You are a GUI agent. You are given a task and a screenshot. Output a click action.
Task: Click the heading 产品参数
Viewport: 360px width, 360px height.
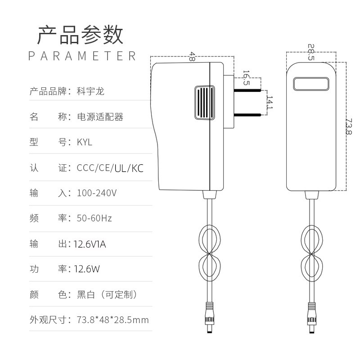[x=80, y=35]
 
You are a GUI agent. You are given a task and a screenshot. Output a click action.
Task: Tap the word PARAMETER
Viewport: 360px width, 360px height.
[x=82, y=56]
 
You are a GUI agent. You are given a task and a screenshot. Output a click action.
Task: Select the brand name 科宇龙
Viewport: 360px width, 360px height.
[x=90, y=92]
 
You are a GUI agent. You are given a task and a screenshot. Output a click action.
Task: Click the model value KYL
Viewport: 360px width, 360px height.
[x=84, y=142]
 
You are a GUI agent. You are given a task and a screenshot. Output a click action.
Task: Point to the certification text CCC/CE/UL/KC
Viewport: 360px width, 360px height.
[x=110, y=168]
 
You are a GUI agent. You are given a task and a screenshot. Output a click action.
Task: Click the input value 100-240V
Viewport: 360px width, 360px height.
[x=97, y=193]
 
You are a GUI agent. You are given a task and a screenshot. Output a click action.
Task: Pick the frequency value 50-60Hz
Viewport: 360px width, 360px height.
[x=94, y=219]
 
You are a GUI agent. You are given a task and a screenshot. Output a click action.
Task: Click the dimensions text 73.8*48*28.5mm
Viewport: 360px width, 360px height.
[x=112, y=320]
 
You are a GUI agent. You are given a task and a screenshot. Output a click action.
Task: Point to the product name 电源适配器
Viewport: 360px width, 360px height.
[x=100, y=117]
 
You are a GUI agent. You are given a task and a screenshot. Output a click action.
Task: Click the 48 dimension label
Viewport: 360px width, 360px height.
[x=192, y=56]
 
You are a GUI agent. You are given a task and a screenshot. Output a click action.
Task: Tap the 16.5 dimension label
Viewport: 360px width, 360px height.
[x=246, y=78]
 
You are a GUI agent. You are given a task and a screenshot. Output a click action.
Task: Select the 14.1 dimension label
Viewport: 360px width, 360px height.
[x=269, y=102]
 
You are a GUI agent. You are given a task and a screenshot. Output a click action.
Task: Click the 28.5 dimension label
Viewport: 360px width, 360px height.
[x=311, y=52]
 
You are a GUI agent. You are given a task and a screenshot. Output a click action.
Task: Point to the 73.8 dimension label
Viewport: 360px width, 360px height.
[x=348, y=126]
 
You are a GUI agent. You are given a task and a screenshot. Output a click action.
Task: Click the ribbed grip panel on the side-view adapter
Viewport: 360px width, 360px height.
[x=204, y=102]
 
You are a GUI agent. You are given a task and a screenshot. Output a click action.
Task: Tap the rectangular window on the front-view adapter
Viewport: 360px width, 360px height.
[x=311, y=84]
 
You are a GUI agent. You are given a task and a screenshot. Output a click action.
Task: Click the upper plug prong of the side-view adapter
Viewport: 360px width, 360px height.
[x=247, y=90]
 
